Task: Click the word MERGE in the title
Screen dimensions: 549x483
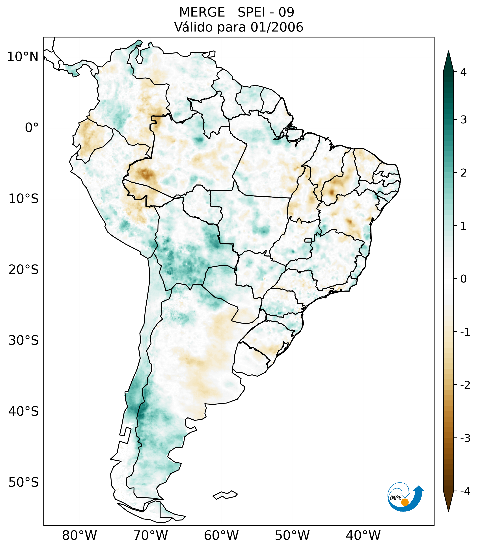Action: (x=202, y=12)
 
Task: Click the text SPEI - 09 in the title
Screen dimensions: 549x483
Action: (x=266, y=12)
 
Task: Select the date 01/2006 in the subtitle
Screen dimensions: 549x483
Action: (x=277, y=27)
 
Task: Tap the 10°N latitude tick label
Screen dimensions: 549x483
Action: (x=23, y=57)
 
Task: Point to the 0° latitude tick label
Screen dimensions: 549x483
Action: (x=32, y=128)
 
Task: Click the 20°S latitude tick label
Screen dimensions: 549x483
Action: (x=24, y=270)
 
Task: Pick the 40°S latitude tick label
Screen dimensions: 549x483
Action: (x=24, y=411)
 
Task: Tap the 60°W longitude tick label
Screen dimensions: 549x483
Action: (x=221, y=535)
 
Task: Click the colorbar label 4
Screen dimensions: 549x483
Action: (x=463, y=72)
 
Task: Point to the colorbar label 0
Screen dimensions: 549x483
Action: (x=463, y=279)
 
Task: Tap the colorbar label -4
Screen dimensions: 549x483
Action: (x=465, y=491)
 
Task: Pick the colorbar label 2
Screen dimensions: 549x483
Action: (x=463, y=173)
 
